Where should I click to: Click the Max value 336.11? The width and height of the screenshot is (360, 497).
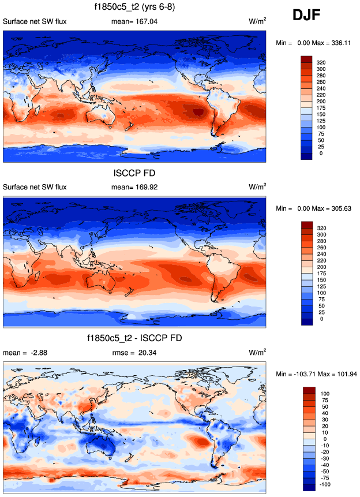point(340,42)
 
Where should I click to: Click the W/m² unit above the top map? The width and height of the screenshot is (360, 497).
point(257,21)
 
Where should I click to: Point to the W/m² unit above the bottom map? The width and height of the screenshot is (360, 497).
point(257,352)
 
